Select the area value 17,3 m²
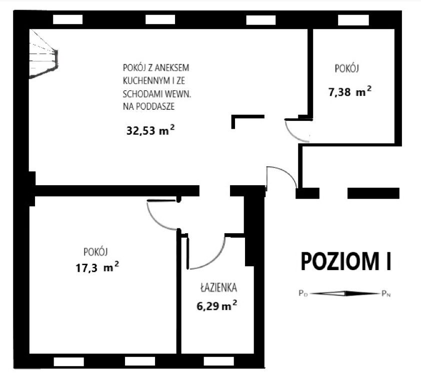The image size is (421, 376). point(97,267)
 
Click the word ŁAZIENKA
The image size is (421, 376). point(218,288)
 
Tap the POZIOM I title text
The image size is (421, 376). point(345,261)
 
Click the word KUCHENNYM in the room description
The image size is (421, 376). point(145,80)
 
